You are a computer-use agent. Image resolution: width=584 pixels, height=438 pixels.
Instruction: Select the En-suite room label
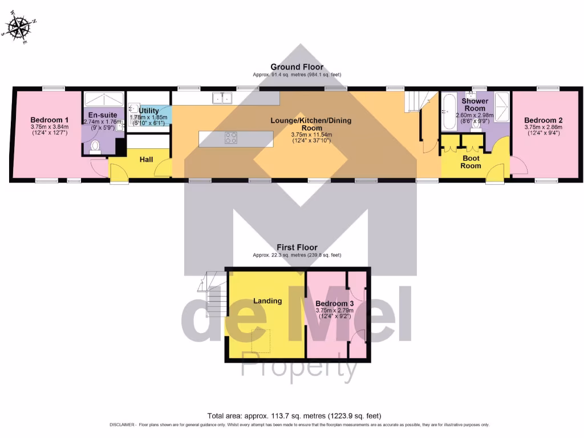pyautogui.click(x=103, y=115)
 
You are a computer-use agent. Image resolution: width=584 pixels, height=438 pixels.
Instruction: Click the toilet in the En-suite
pyautogui.click(x=95, y=147)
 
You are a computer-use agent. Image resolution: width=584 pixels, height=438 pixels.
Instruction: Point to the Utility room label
pyautogui.click(x=149, y=111)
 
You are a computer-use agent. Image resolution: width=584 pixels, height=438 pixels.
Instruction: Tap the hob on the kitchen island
pyautogui.click(x=231, y=137)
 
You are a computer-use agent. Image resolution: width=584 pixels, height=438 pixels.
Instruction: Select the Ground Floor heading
pyautogui.click(x=297, y=67)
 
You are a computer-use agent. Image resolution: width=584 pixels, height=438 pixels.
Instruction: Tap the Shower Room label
pyautogui.click(x=474, y=105)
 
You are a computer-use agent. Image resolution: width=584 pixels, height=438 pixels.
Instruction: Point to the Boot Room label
pyautogui.click(x=471, y=162)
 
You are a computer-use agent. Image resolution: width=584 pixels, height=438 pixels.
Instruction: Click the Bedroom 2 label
pyautogui.click(x=544, y=120)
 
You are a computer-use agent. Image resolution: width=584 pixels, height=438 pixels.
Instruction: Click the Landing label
pyautogui.click(x=267, y=301)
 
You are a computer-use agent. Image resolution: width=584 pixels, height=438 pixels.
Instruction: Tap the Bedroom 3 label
pyautogui.click(x=335, y=303)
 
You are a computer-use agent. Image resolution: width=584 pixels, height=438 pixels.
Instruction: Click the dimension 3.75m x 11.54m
pyautogui.click(x=311, y=135)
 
